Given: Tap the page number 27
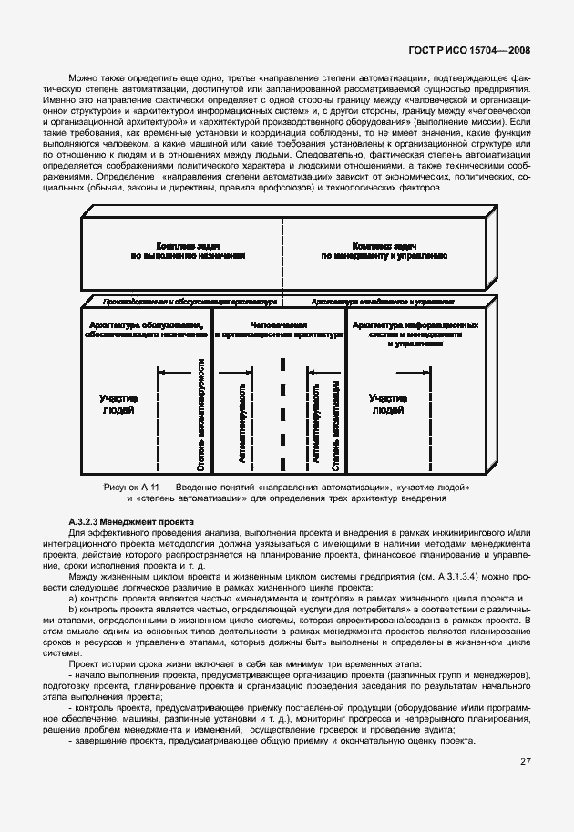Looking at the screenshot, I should pyautogui.click(x=526, y=761).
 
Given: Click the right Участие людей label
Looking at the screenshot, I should pyautogui.click(x=388, y=405).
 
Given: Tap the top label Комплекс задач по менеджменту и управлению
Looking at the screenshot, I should pyautogui.click(x=384, y=252).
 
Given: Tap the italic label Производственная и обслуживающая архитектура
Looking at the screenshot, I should pyautogui.click(x=189, y=300).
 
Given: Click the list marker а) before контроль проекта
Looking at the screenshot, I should pyautogui.click(x=73, y=598).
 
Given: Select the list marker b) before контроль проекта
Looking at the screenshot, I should pyautogui.click(x=73, y=609).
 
